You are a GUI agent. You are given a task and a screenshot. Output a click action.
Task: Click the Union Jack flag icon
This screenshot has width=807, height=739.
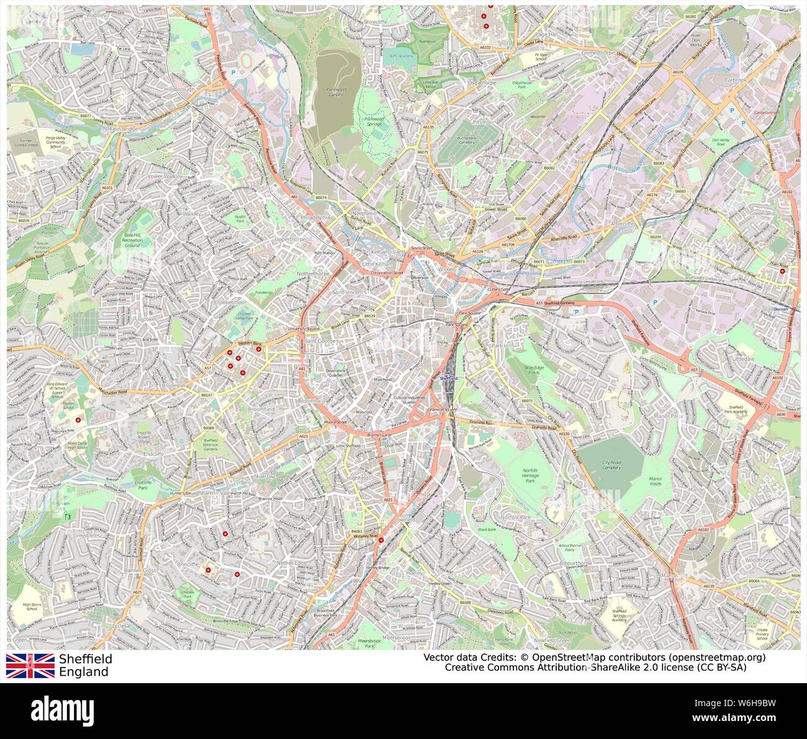30,665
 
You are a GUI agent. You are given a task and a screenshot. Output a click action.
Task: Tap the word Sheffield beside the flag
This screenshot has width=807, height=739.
86,658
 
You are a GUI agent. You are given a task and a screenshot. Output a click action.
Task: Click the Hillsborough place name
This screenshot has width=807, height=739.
178,89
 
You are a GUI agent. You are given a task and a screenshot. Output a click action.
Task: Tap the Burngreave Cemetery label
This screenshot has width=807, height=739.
466,140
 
